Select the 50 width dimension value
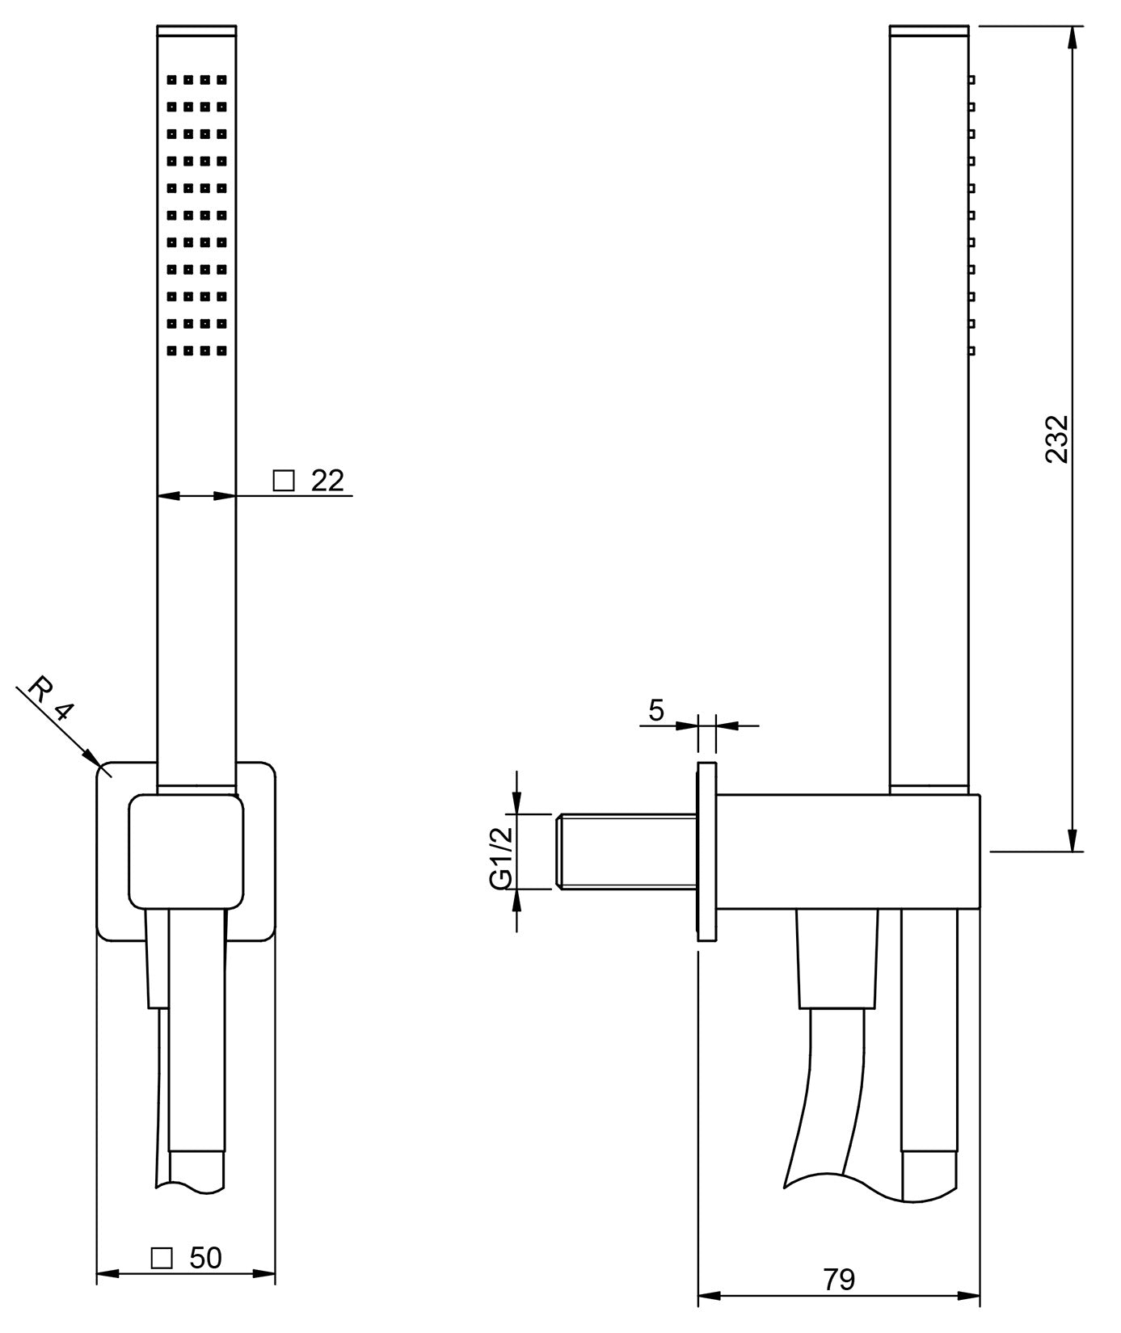pos(205,1258)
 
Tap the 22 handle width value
pos(327,481)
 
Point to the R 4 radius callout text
pos(50,700)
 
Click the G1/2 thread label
pos(502,857)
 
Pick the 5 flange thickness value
pos(656,710)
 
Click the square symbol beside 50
pos(162,1258)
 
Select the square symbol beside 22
pos(284,481)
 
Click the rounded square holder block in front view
pos(186,851)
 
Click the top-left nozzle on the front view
pos(172,80)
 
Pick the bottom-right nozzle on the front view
pos(221,351)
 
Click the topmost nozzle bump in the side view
pos(971,79)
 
